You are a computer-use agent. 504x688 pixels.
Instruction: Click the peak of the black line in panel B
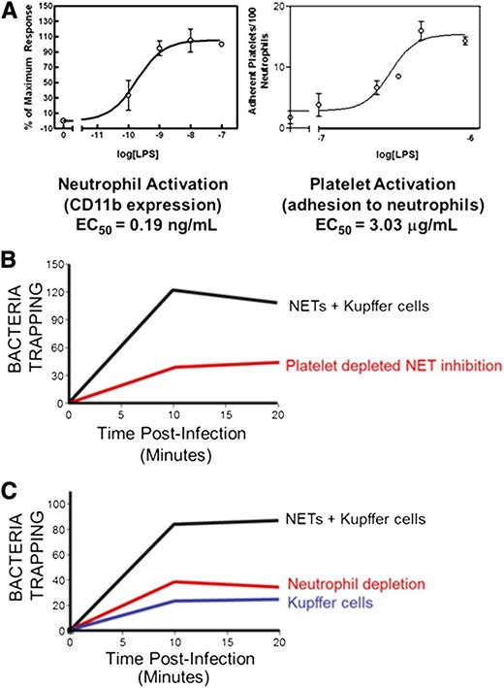(172, 289)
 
